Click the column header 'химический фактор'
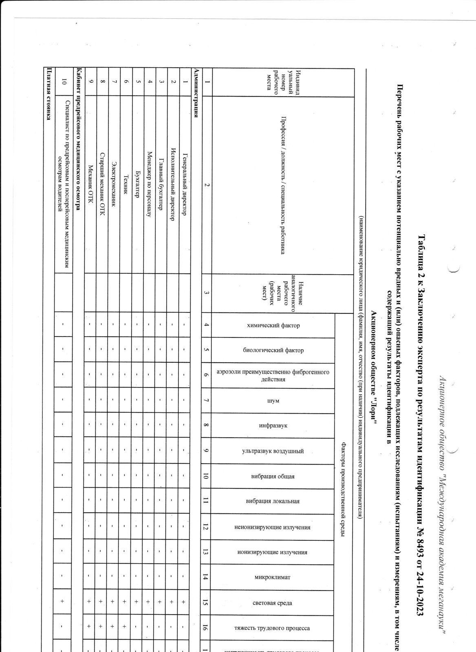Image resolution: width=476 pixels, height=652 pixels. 273,326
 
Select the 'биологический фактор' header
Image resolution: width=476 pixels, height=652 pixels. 273,350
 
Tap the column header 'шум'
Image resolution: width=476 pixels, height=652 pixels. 273,401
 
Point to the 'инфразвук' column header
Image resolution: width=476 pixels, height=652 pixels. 273,426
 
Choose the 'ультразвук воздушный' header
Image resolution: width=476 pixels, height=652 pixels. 273,452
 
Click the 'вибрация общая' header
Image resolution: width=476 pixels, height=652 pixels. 273,476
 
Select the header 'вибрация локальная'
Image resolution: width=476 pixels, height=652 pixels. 273,501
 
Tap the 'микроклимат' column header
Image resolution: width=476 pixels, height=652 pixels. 273,577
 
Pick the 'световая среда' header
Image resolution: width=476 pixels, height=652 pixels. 273,603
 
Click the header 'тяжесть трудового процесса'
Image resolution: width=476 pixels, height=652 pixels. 273,628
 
